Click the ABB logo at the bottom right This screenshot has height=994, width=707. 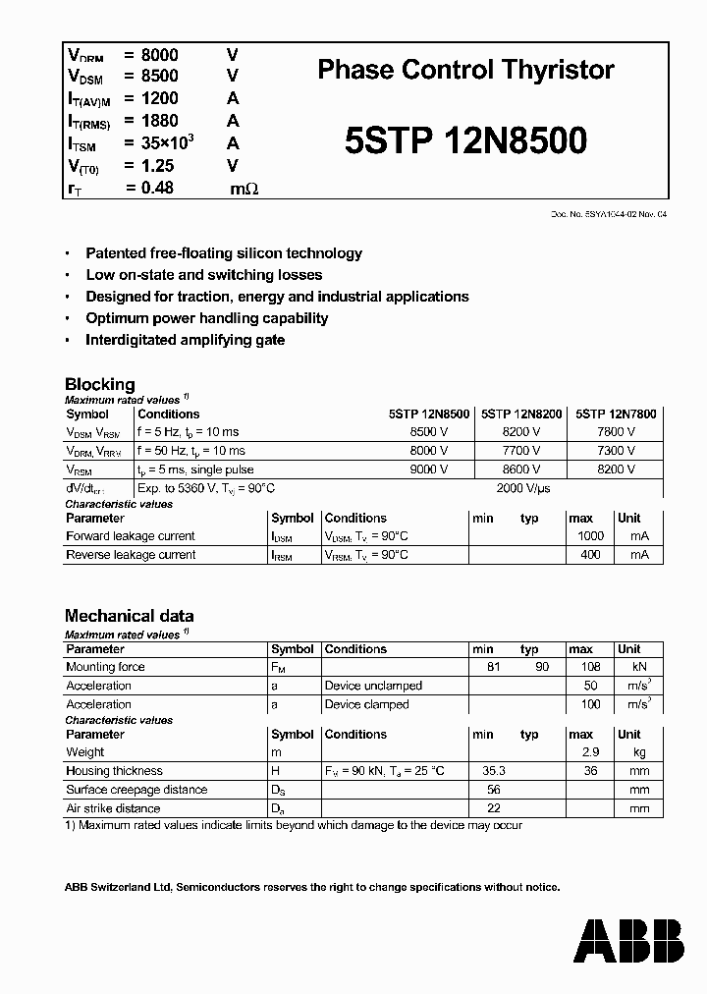tap(628, 941)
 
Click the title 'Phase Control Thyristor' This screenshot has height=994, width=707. tap(466, 70)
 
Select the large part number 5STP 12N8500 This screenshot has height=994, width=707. tap(466, 140)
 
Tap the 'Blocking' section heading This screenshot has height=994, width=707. tap(99, 384)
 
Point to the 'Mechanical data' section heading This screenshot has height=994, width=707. tap(129, 616)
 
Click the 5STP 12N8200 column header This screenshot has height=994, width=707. tap(522, 414)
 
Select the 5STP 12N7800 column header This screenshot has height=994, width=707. tap(616, 414)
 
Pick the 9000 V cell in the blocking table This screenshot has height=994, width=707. tap(428, 469)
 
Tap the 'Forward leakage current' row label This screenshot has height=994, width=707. tap(130, 536)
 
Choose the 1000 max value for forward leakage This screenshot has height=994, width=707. tap(591, 536)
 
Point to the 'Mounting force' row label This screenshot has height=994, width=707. tap(105, 667)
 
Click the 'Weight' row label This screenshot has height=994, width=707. tap(85, 752)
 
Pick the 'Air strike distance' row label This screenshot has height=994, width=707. tap(113, 808)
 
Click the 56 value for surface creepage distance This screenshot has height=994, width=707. tap(494, 790)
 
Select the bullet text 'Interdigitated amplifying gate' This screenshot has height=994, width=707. tap(185, 340)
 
